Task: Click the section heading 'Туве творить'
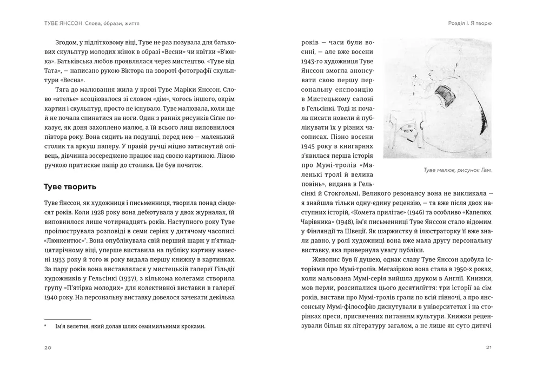pos(70,187)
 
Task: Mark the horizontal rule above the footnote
pos(67,319)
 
